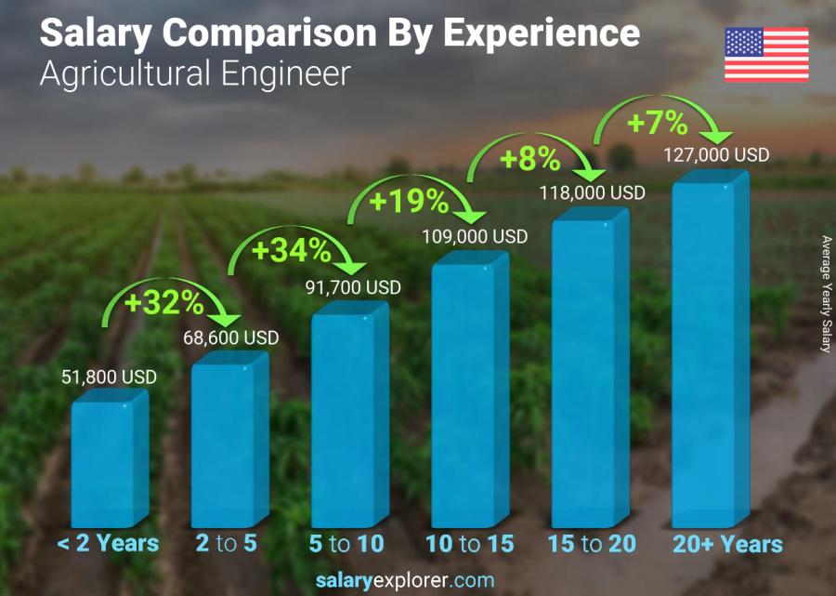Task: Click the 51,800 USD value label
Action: point(109,377)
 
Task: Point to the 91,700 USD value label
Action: point(353,288)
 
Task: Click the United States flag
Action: point(766,55)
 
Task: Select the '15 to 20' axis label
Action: point(592,544)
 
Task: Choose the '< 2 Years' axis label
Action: point(109,544)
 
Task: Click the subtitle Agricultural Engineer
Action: point(195,73)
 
